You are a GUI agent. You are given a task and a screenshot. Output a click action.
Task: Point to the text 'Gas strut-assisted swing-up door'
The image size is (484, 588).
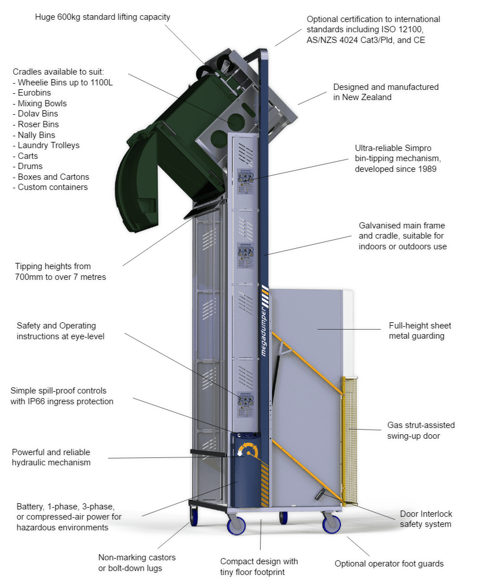coord(421,430)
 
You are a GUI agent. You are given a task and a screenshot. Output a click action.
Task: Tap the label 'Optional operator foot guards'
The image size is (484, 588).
coord(389,564)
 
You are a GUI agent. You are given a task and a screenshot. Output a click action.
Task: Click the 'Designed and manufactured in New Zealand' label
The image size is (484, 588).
coord(386,92)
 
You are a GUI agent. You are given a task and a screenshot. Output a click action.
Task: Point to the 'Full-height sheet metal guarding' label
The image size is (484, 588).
coord(420,331)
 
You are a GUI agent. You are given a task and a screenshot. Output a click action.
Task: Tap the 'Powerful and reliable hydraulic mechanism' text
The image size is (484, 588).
coord(51,457)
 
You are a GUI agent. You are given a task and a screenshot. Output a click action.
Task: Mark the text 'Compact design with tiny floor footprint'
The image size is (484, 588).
coord(259,567)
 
